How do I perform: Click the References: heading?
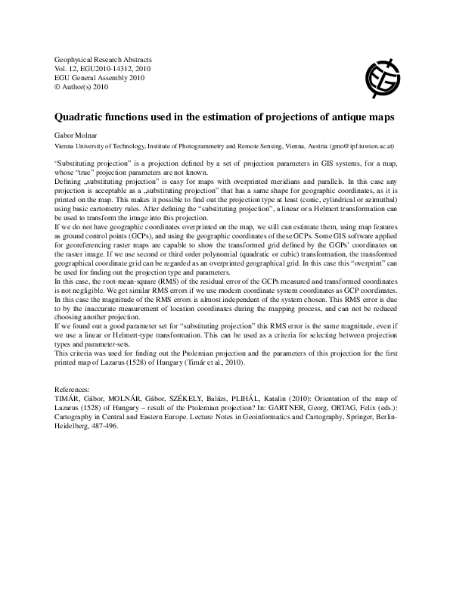click(76, 389)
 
